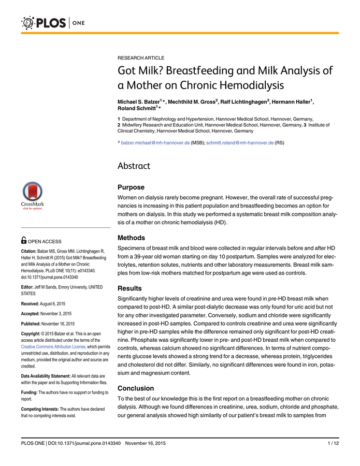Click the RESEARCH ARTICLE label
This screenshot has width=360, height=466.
141,58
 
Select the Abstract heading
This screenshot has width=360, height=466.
134,166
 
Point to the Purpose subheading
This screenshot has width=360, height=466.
131,187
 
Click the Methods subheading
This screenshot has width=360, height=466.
132,238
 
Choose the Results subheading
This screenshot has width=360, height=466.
129,288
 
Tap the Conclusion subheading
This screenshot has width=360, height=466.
136,388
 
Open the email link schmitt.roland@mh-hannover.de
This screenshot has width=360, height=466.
240,142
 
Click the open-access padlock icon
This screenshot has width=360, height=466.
24,241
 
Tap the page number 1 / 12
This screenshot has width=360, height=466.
333,443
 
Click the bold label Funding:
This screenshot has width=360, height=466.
31,392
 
